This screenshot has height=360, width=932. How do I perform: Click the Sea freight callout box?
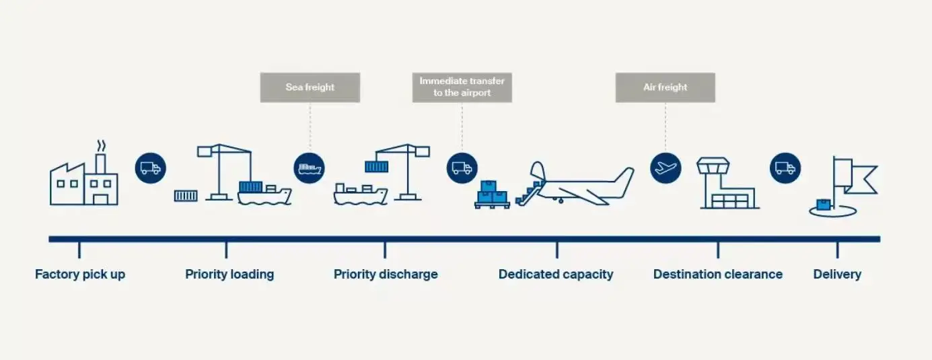[x=310, y=87]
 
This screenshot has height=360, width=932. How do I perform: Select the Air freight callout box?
[x=666, y=87]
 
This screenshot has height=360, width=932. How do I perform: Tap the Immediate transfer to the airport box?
[x=462, y=87]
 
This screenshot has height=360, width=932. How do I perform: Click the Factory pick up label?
[x=80, y=275]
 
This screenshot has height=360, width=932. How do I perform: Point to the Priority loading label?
[x=229, y=275]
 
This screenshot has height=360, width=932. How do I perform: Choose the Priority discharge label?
[x=386, y=275]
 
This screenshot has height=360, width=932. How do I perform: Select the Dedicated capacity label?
[x=556, y=275]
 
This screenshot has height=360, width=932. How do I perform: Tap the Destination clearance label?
[x=718, y=275]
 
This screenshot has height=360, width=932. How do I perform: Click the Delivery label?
[x=837, y=275]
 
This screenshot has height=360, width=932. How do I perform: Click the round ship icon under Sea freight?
[x=309, y=168]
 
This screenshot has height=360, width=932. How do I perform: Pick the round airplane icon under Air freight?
[x=666, y=168]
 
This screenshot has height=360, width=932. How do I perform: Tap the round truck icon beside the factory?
[x=150, y=168]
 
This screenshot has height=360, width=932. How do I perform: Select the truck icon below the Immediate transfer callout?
[x=462, y=168]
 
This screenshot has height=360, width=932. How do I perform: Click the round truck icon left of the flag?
[x=785, y=168]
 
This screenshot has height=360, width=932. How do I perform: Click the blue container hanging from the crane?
[x=377, y=167]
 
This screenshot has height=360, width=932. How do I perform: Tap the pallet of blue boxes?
[x=492, y=194]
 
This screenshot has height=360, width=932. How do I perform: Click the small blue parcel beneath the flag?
[x=824, y=205]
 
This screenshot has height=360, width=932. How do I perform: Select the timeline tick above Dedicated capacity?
[x=557, y=250]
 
